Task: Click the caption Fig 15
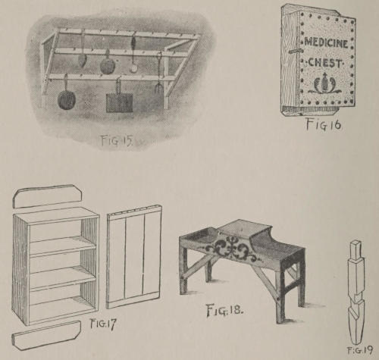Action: click(x=117, y=140)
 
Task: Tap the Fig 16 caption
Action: click(x=324, y=124)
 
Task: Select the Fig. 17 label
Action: click(x=103, y=324)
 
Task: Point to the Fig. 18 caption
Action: click(x=224, y=310)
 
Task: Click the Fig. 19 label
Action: click(x=359, y=351)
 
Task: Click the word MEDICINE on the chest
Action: click(x=326, y=43)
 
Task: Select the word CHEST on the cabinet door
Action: click(x=325, y=62)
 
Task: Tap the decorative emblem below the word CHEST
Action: click(x=324, y=83)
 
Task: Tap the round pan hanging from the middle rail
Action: click(x=108, y=64)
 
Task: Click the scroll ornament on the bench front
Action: click(x=232, y=249)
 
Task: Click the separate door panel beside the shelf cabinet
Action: click(x=134, y=257)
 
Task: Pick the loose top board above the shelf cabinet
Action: click(x=49, y=197)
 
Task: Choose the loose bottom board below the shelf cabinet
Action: click(x=46, y=336)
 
